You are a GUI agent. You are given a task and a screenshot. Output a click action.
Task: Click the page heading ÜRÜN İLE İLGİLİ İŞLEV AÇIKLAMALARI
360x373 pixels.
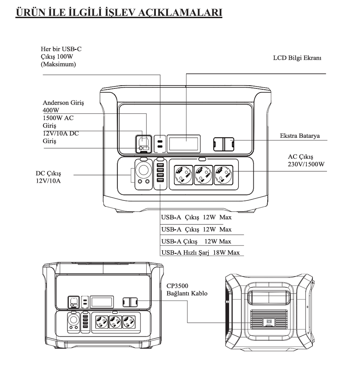pos(119,12)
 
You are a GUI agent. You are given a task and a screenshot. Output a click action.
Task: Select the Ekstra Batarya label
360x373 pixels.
pos(301,136)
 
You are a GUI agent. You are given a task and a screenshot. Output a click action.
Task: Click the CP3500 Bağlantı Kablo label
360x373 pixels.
pos(187,290)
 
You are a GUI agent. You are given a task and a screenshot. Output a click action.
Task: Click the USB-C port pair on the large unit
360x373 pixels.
pos(160,144)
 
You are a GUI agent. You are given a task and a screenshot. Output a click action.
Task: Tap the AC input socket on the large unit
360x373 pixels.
pos(144,143)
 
